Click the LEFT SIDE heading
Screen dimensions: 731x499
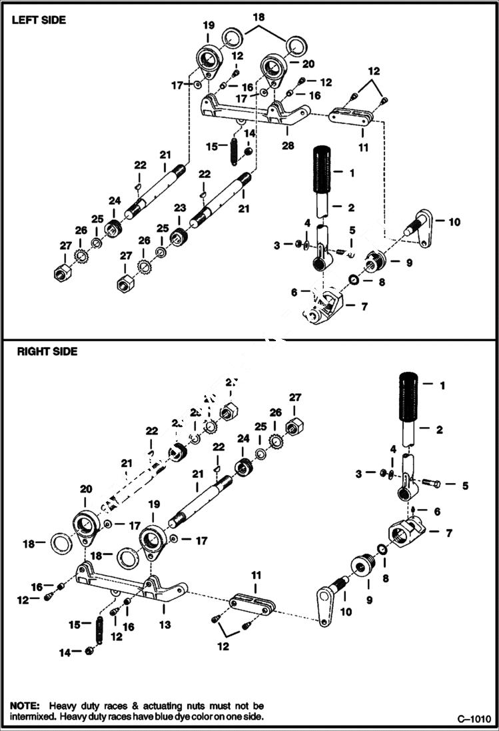(38, 20)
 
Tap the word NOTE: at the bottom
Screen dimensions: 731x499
(25, 705)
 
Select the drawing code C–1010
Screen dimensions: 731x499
(474, 718)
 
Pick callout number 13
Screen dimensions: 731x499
(165, 625)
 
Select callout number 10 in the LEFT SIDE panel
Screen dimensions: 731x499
(454, 221)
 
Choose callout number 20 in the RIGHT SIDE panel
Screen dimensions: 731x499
(85, 488)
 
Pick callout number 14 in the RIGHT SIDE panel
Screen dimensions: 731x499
(65, 653)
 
